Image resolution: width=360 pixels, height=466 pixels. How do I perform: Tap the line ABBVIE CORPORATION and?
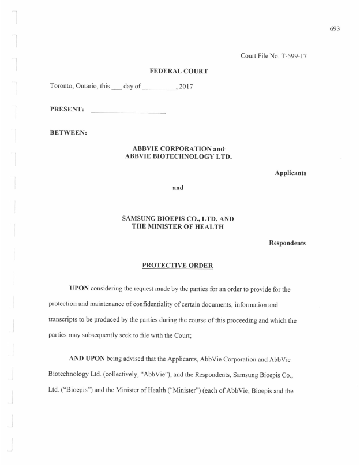pos(178,148)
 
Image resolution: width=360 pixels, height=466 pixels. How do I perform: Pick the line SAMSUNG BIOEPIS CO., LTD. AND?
pos(178,219)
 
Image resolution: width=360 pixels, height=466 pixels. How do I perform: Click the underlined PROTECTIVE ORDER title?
pos(178,266)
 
